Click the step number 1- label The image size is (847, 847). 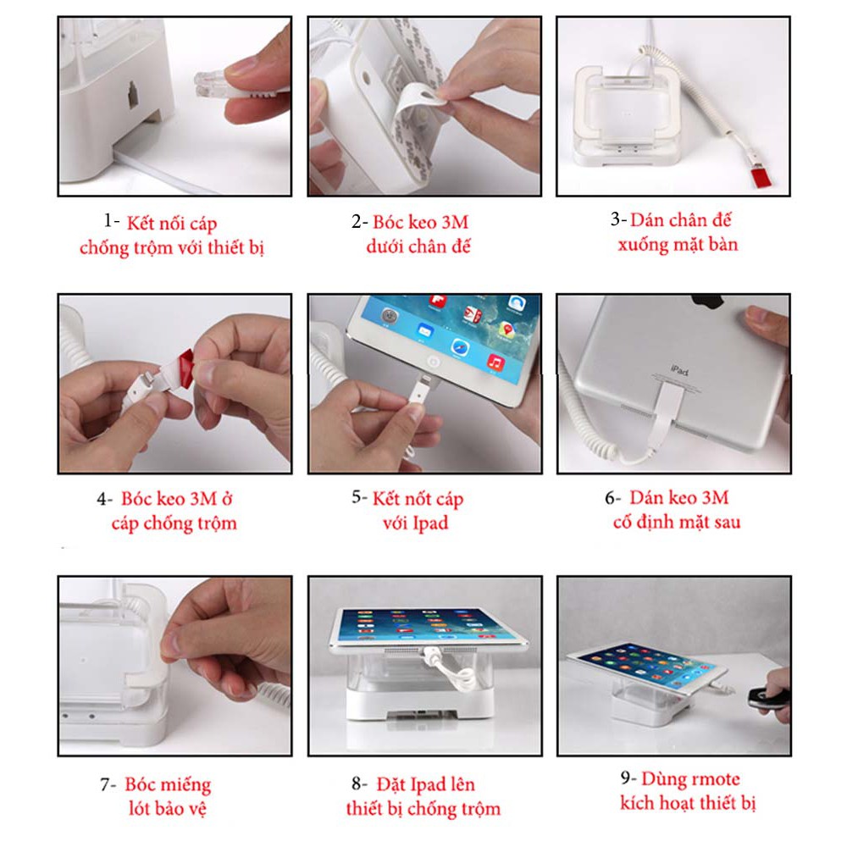(x=111, y=221)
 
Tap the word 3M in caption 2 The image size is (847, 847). (x=455, y=222)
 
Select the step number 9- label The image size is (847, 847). (x=628, y=778)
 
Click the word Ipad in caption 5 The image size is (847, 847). (x=430, y=523)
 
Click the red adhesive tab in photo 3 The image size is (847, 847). (x=761, y=177)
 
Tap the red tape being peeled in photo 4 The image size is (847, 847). (x=185, y=368)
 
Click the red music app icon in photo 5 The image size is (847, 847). (x=495, y=363)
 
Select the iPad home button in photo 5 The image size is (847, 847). (x=433, y=361)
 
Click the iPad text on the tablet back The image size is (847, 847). (x=679, y=371)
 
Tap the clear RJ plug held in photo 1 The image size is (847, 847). (x=212, y=83)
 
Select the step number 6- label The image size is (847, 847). (x=612, y=497)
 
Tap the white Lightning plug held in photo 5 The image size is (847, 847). (x=420, y=389)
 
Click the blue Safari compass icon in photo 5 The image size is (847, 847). (x=460, y=347)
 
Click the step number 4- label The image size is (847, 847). (x=105, y=499)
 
